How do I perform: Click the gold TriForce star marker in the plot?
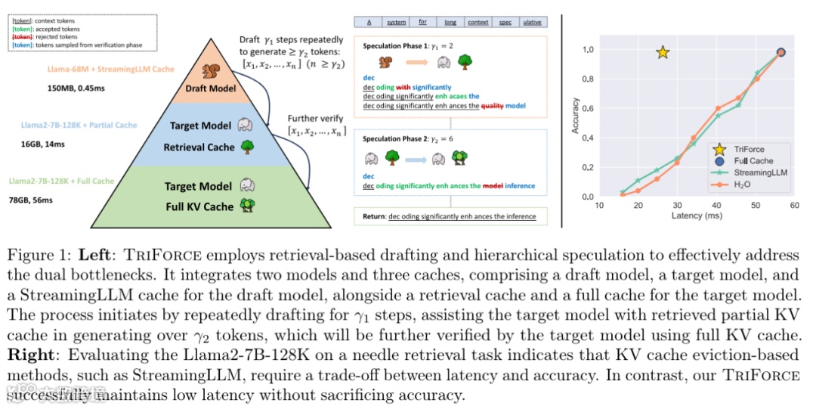pyautogui.click(x=663, y=52)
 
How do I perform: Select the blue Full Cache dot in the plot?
pyautogui.click(x=781, y=52)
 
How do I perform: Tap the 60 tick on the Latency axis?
pyautogui.click(x=794, y=205)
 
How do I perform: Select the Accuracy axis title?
pyautogui.click(x=576, y=116)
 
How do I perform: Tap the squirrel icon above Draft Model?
pyautogui.click(x=211, y=72)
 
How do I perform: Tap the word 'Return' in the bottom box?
pyautogui.click(x=373, y=217)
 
